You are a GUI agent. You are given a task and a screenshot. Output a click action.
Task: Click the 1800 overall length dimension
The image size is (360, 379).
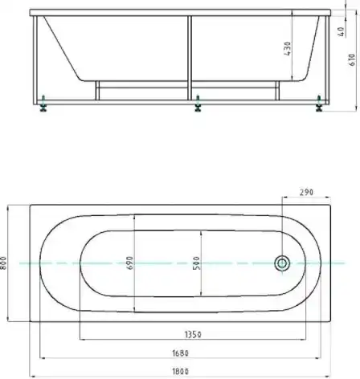(x=182, y=370)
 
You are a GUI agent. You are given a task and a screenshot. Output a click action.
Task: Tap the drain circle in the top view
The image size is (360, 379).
(x=282, y=263)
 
